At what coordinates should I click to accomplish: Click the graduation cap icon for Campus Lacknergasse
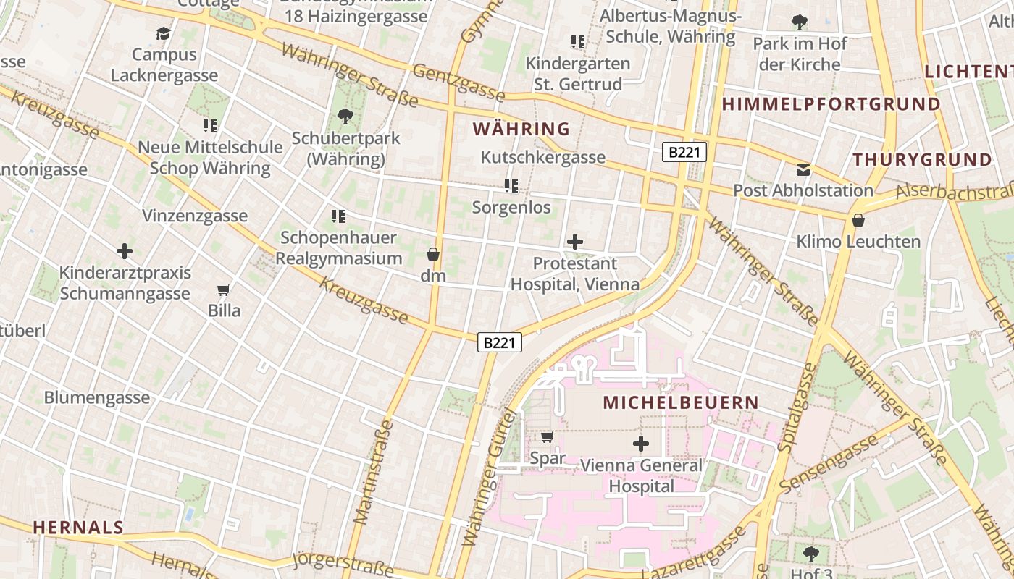[163, 33]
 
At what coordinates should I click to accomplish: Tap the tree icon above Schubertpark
[345, 116]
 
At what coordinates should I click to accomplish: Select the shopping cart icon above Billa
[224, 290]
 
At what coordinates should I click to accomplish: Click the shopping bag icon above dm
[433, 254]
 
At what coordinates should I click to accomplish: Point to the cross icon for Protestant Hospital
[575, 242]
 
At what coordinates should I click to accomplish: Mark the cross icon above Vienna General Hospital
[641, 444]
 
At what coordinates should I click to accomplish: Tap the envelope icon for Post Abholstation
[803, 170]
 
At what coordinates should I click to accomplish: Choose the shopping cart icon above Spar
[548, 436]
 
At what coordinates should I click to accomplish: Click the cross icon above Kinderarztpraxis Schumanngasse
[125, 251]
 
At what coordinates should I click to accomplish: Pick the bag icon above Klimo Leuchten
[858, 220]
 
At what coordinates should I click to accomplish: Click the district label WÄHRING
[521, 130]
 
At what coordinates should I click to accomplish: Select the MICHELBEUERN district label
[682, 402]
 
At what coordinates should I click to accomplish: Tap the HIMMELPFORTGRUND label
[831, 104]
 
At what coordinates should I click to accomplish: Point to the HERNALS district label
[78, 528]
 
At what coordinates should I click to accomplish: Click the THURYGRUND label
[922, 160]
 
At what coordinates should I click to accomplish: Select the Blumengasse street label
[97, 397]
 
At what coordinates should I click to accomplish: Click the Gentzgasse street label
[458, 83]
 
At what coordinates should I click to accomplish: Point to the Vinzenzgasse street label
[195, 216]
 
